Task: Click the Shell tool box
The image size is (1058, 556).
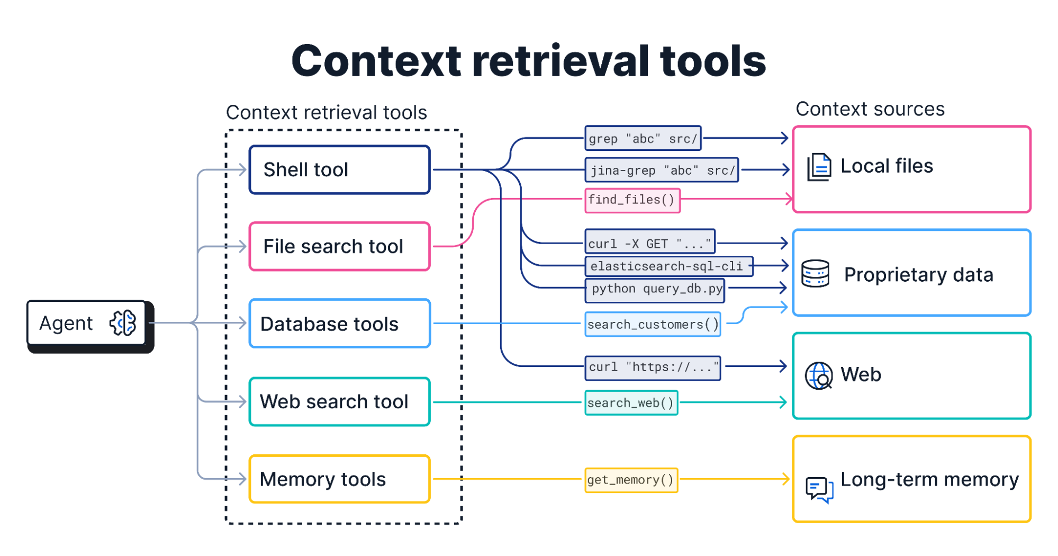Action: [339, 170]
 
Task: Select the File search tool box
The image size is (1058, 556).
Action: [339, 247]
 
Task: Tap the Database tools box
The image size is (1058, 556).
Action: [339, 324]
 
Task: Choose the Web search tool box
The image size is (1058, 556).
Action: [339, 401]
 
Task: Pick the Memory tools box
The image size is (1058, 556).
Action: [339, 479]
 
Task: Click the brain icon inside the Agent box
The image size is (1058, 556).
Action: [123, 323]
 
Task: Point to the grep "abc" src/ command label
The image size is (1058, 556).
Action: [643, 139]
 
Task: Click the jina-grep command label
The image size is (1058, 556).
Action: [662, 170]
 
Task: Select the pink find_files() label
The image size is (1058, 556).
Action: [632, 200]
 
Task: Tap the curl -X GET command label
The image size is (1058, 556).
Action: [650, 243]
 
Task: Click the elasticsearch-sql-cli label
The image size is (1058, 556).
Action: [668, 266]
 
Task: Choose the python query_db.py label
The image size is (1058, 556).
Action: [655, 289]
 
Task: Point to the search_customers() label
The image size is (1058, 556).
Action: [653, 324]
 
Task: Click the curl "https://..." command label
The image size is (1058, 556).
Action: [653, 367]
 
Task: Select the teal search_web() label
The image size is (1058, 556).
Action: [631, 403]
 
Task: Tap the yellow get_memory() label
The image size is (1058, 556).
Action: [631, 480]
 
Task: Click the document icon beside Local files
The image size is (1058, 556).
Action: [819, 167]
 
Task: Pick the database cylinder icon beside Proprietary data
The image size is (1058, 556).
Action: [815, 273]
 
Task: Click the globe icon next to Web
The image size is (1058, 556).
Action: [818, 375]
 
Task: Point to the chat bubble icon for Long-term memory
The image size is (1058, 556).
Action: [819, 489]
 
